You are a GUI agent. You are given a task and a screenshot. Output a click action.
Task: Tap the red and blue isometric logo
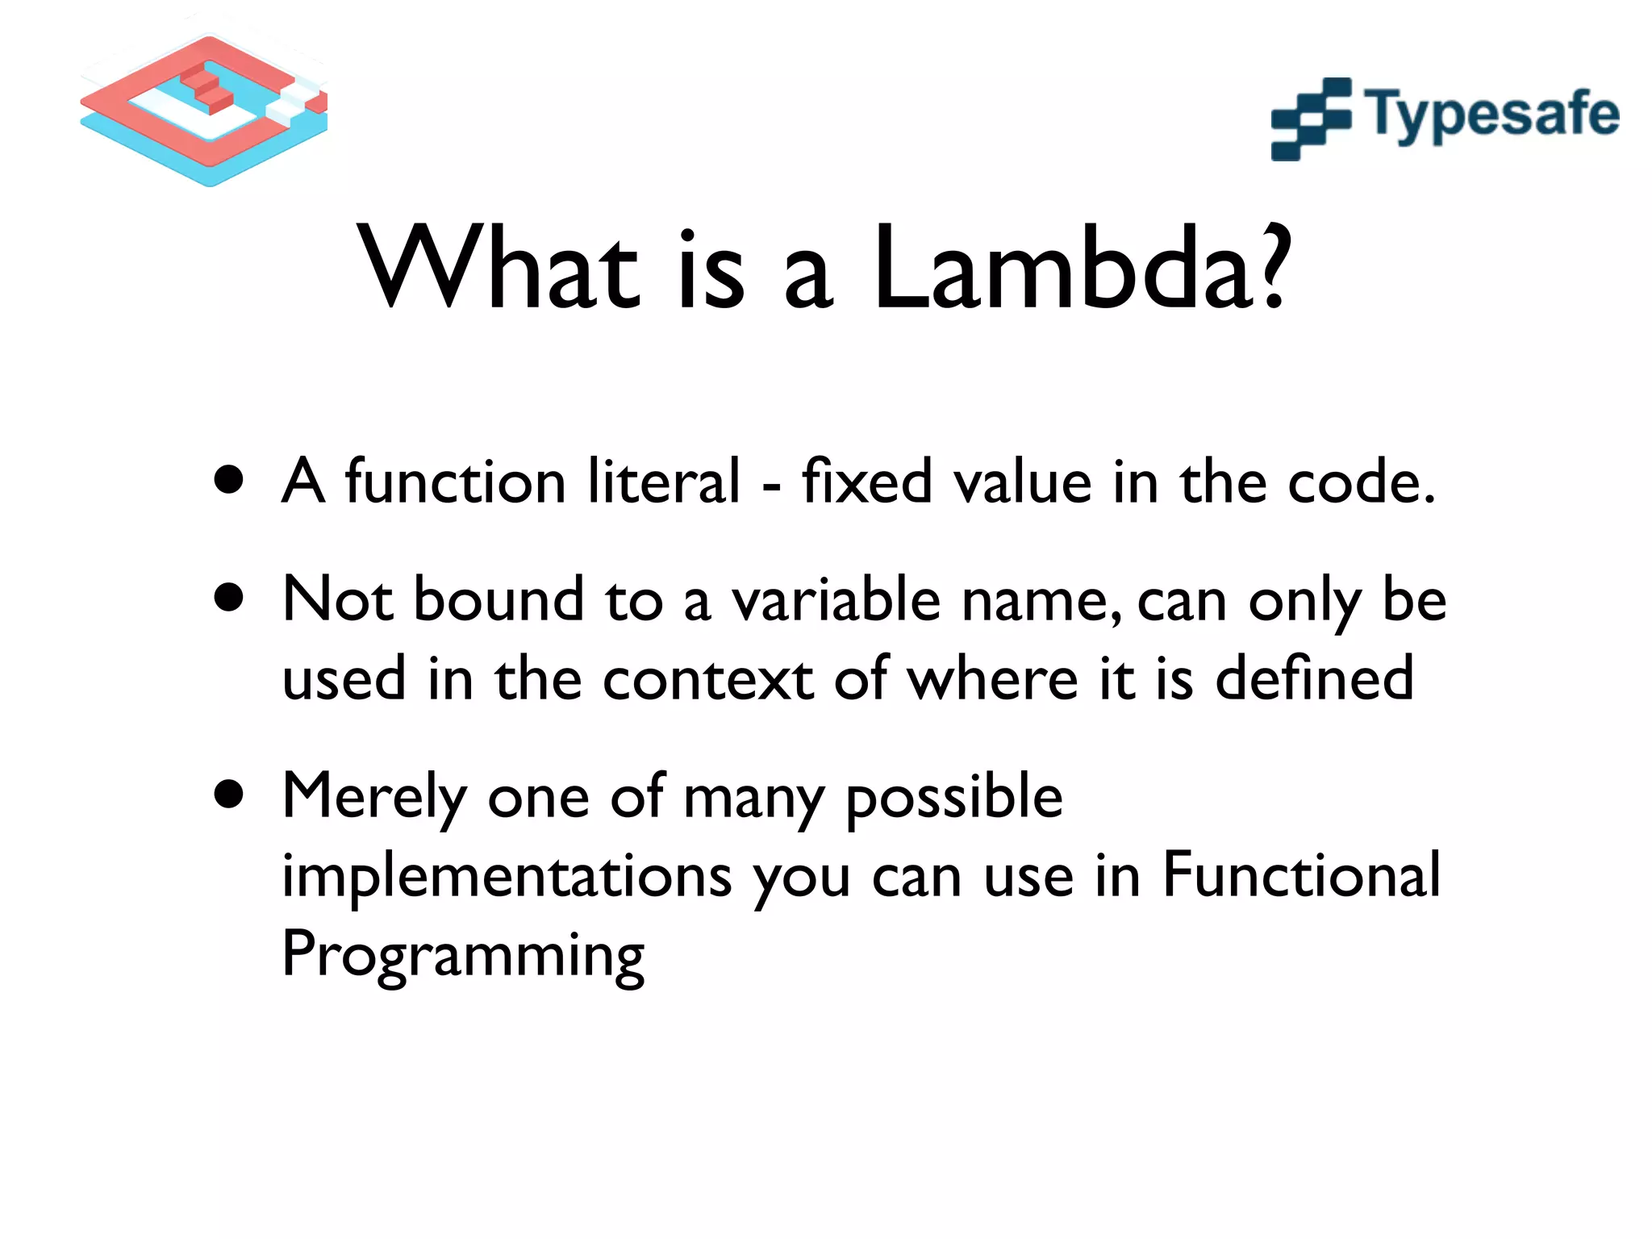pos(206,109)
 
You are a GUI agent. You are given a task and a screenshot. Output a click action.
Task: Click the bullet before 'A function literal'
pos(230,481)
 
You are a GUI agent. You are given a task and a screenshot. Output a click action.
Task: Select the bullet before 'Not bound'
pos(230,599)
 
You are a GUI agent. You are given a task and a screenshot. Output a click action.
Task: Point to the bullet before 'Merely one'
pos(230,795)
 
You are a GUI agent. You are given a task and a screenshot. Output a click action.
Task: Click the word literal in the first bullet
pos(663,482)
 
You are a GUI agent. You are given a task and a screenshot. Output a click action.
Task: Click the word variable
pos(836,601)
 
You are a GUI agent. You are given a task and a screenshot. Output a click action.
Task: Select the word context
pos(708,679)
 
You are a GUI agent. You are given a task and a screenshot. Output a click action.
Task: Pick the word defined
pos(1314,678)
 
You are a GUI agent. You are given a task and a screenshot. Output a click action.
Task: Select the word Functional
pos(1301,875)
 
